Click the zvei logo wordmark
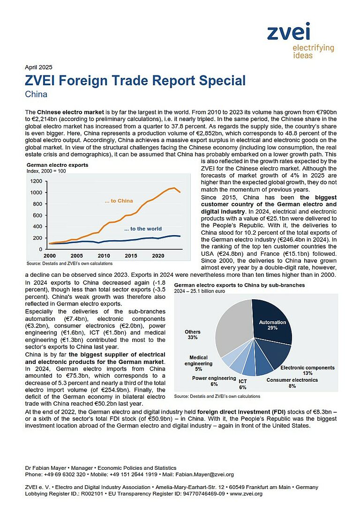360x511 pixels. (x=288, y=31)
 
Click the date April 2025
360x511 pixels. (x=38, y=67)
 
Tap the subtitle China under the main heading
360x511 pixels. (x=36, y=94)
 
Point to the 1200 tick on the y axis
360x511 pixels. (x=36, y=181)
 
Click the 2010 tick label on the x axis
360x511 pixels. (x=104, y=256)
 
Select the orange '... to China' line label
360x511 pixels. (x=119, y=201)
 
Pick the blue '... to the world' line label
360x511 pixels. (x=143, y=229)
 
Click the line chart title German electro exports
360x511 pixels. (x=57, y=165)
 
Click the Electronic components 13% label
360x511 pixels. (x=307, y=370)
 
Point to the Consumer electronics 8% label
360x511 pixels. (x=292, y=383)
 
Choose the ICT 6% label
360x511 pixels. (x=243, y=384)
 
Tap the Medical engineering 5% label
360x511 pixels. (x=198, y=363)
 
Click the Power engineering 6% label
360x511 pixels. (x=214, y=381)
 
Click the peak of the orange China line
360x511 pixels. (x=174, y=188)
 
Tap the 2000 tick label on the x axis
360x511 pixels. (x=50, y=256)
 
